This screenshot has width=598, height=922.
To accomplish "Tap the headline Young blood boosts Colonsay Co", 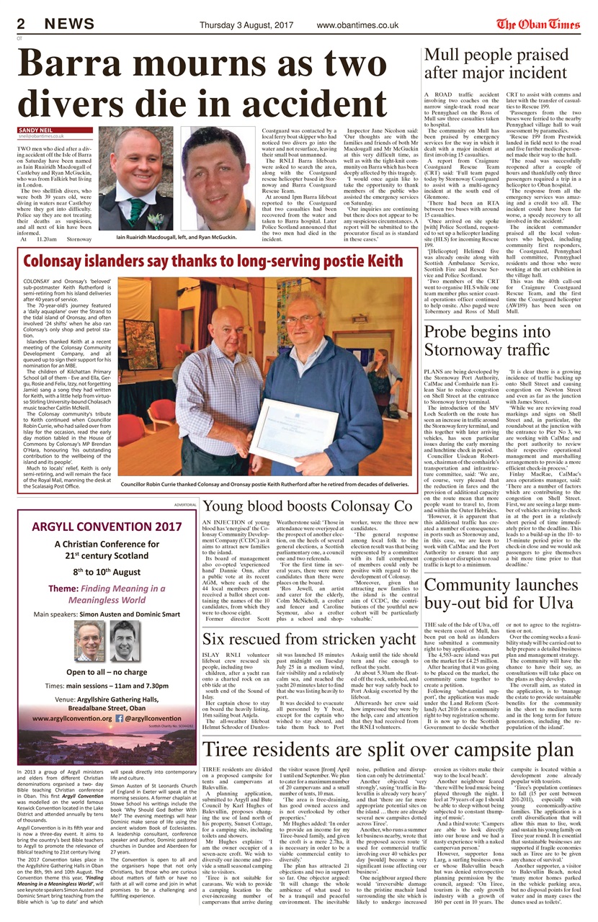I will point(308,506).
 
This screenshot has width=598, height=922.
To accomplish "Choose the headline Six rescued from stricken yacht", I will point(309,638).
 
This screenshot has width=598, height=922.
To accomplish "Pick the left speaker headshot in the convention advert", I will point(89,640).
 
